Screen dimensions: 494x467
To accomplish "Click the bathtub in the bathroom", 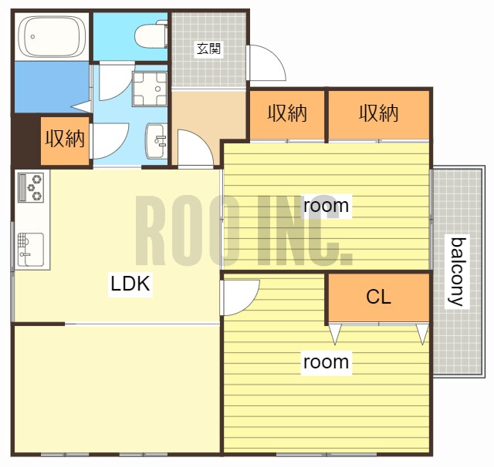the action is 52,37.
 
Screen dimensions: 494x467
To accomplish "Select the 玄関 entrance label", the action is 208,49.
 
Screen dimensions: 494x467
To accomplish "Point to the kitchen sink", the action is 31,250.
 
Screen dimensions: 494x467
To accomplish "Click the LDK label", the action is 130,284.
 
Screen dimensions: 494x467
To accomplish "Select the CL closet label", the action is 378,297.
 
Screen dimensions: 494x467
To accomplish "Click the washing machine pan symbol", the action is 150,89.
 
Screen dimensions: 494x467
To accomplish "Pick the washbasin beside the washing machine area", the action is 156,140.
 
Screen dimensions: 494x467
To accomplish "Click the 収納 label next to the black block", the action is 65,139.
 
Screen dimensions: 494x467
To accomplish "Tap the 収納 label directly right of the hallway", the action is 287,113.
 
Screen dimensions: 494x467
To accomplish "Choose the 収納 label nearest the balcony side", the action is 379,113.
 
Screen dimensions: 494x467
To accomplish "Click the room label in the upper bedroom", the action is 326,206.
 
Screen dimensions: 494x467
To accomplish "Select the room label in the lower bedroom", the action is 326,362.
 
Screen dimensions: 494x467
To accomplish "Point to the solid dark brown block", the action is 25,139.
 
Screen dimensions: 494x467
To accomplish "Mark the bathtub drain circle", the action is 32,37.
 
